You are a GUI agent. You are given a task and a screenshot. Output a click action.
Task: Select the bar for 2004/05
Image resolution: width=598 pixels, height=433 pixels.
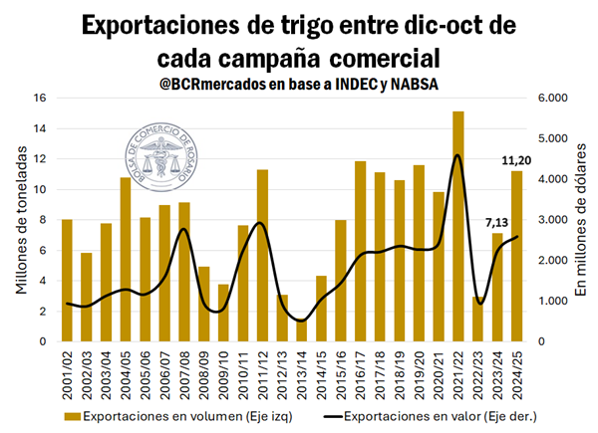point(126,260)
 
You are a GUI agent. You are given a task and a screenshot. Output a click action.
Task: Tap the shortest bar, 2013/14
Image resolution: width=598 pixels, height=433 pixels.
point(302,329)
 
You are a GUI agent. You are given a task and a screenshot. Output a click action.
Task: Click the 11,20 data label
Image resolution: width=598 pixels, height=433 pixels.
point(515,160)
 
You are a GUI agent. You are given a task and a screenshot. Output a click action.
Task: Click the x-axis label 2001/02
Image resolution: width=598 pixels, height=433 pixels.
point(68,368)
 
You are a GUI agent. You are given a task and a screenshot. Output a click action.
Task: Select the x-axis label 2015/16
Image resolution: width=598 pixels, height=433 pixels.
point(341,368)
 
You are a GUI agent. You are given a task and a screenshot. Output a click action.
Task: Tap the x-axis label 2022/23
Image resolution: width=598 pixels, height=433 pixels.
point(477,368)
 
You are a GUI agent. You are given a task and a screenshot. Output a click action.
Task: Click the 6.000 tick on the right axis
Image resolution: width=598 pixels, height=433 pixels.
point(555,98)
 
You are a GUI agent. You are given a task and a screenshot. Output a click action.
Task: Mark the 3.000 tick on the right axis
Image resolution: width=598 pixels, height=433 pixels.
point(555,220)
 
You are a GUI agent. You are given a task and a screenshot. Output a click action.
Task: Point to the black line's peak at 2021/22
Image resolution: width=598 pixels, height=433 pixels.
point(457,155)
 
